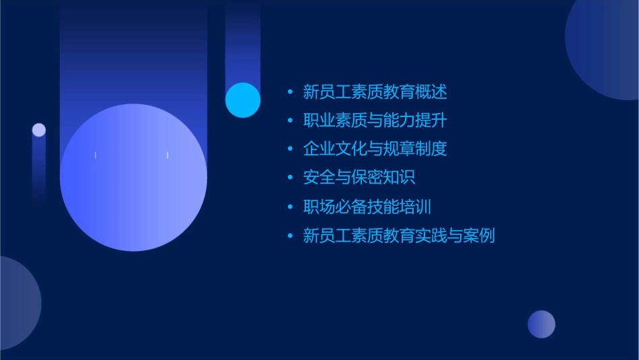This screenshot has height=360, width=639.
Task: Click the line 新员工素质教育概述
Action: tap(375, 92)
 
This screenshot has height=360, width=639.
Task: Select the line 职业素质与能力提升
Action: tap(375, 120)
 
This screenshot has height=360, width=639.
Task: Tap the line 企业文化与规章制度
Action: tap(375, 149)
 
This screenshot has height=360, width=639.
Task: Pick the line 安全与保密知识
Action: tap(359, 178)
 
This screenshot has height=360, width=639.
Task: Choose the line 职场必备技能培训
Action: tap(367, 207)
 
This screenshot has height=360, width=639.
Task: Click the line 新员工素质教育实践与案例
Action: tap(399, 236)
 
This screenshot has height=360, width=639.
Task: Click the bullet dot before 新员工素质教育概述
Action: tap(290, 92)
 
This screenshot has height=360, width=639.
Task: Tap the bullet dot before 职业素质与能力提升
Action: tap(290, 121)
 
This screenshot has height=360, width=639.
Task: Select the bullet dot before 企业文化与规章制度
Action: tap(290, 149)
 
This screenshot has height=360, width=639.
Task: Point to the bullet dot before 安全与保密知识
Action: tap(290, 178)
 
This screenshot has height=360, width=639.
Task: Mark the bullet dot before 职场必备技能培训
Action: tap(290, 207)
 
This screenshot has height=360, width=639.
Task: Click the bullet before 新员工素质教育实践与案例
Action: tap(290, 236)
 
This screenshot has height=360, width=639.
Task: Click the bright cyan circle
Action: tap(243, 100)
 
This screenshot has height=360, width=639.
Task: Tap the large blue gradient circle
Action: tap(133, 177)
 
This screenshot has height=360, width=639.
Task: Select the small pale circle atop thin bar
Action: tap(39, 130)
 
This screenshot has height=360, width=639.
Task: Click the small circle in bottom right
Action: tap(541, 324)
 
